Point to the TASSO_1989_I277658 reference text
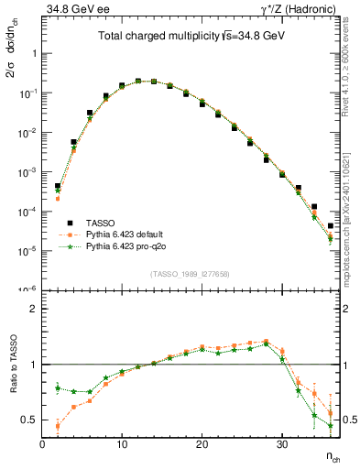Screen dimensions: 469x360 tap(190, 273)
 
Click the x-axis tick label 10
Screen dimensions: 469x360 tap(121, 445)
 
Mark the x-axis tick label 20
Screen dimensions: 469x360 tap(202, 445)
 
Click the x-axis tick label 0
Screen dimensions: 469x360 tap(42, 445)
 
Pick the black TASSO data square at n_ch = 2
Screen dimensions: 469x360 tap(58, 186)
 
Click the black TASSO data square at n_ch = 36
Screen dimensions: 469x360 tap(330, 225)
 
